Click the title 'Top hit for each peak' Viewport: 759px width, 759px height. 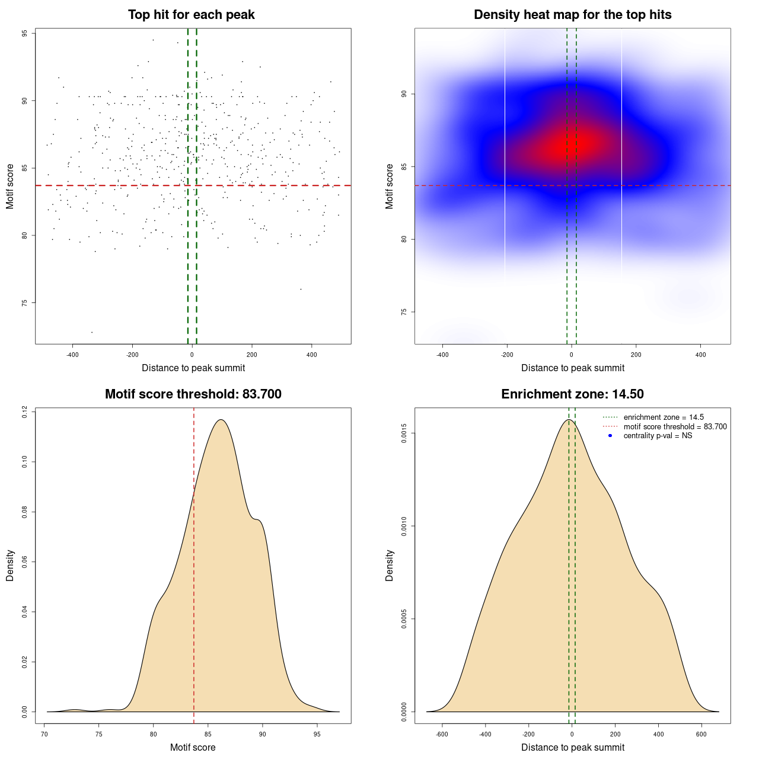pos(191,15)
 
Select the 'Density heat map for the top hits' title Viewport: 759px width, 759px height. pos(572,15)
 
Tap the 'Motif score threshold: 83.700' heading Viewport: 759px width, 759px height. pos(193,394)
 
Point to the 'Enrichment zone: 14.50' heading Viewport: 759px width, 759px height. pos(572,394)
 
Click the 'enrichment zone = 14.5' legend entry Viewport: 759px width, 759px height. pos(664,417)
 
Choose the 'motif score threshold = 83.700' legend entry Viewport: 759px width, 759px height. pos(675,427)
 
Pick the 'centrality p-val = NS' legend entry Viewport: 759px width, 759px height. pos(658,436)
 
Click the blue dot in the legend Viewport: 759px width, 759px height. pos(610,436)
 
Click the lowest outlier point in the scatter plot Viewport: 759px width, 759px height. pos(92,332)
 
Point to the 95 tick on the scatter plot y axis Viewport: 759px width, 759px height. pos(25,34)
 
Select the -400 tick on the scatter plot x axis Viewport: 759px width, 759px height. pos(72,355)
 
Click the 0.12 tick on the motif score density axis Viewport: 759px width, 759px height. pos(25,412)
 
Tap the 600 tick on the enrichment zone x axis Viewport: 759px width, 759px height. pos(701,734)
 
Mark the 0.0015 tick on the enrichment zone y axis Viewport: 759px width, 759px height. pos(404,433)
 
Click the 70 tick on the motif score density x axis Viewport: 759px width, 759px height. pos(44,734)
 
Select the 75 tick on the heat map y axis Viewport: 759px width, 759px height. pos(404,312)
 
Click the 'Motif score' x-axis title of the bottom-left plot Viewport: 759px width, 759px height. pos(193,747)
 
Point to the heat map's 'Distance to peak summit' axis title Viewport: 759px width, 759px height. pos(572,368)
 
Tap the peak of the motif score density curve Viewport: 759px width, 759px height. pos(221,420)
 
